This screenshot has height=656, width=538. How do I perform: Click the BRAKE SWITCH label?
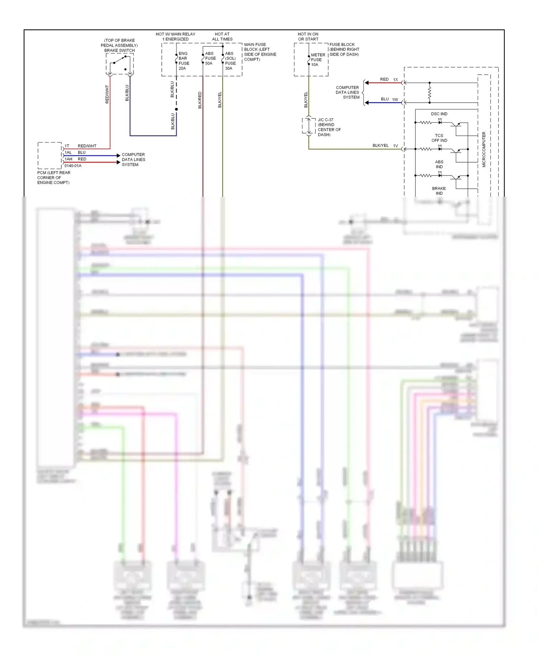click(119, 50)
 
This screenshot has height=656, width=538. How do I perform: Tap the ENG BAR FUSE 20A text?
click(183, 61)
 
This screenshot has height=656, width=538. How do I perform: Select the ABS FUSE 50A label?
click(210, 58)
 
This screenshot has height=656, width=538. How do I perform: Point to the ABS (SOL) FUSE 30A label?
click(230, 61)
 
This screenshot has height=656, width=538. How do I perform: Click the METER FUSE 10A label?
click(317, 60)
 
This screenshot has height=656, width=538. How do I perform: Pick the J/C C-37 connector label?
click(325, 120)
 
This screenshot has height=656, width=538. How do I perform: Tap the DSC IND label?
click(439, 114)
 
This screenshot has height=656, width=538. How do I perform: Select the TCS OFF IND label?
click(439, 138)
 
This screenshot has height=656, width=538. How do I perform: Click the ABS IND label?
click(439, 164)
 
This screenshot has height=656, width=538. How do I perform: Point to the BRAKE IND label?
click(439, 191)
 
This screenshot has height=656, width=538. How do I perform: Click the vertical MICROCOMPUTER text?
click(483, 149)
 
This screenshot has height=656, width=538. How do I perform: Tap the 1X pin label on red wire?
click(395, 80)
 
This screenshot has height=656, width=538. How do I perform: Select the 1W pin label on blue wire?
click(395, 99)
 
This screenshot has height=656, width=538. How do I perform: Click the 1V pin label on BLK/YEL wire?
click(395, 146)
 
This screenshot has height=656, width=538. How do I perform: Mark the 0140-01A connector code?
click(73, 166)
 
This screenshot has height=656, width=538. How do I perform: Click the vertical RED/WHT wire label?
click(107, 94)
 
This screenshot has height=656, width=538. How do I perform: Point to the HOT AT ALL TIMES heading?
click(222, 37)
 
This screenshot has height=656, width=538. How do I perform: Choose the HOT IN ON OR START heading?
click(308, 37)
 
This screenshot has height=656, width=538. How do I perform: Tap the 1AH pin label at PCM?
click(68, 159)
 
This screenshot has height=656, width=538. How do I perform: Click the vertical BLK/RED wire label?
click(200, 100)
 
